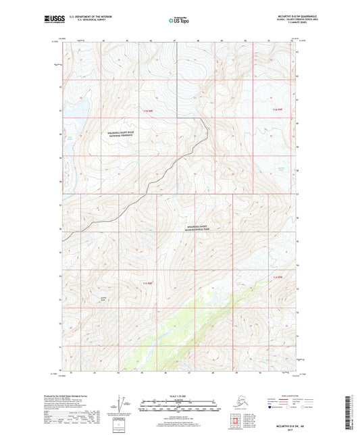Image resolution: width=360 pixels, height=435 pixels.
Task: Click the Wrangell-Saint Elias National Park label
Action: coord(205,228)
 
